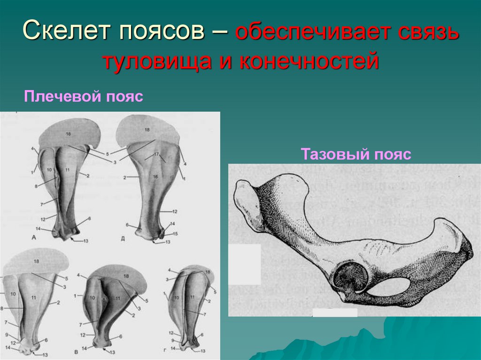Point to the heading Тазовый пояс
(356, 154)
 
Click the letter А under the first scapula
(34, 237)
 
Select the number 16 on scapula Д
(155, 176)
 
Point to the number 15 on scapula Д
(175, 233)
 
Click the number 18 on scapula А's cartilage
(69, 134)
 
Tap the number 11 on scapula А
(67, 169)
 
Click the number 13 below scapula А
(85, 241)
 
